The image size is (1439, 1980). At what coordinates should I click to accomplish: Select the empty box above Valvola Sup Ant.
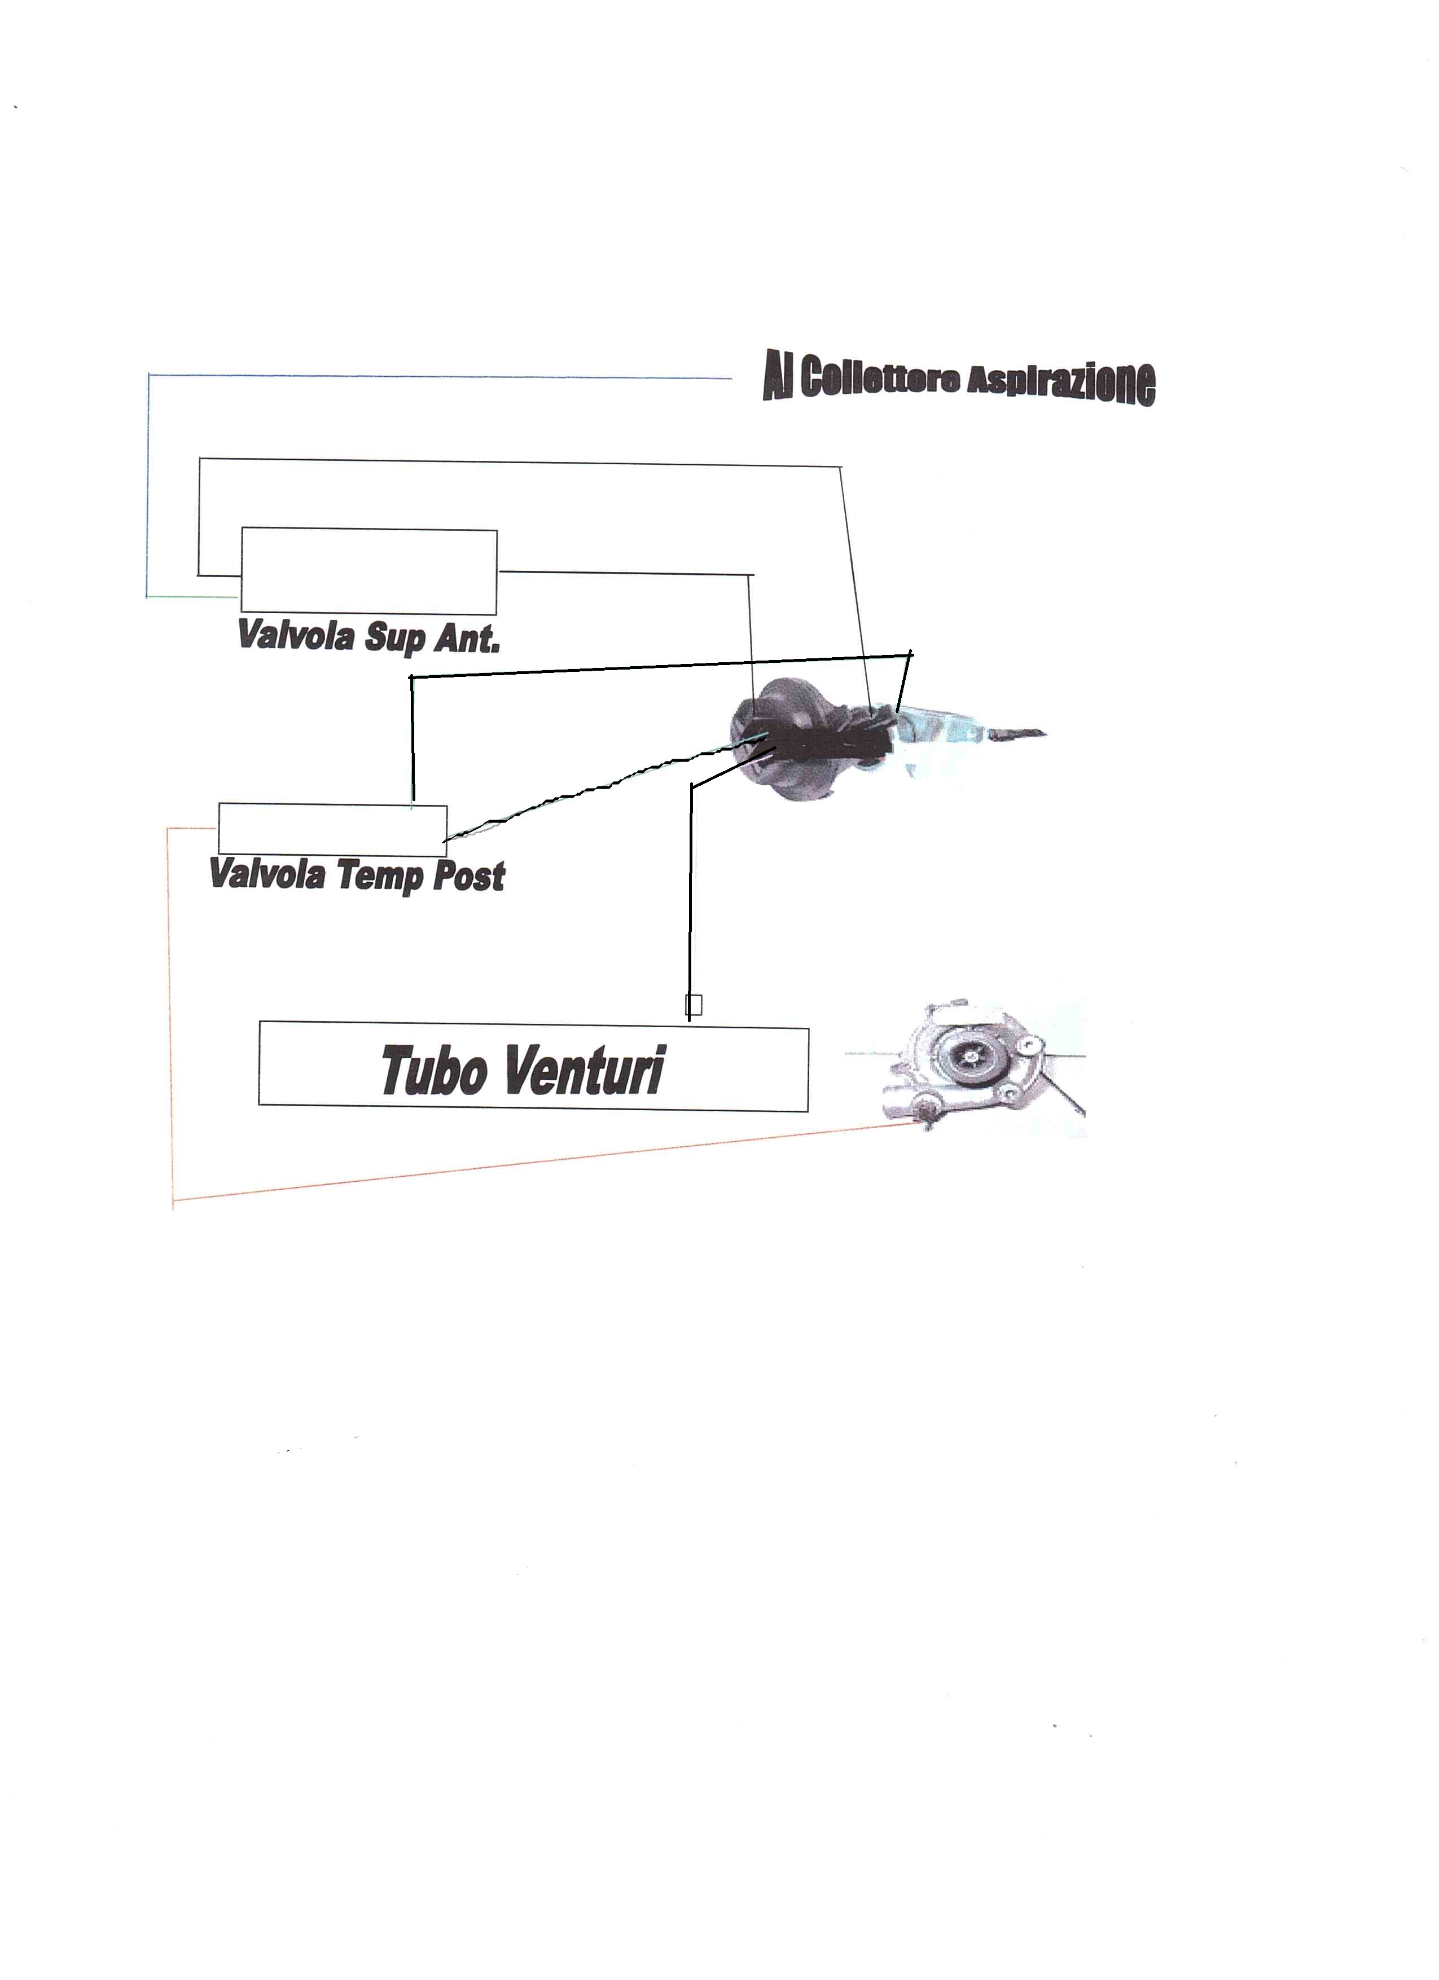click(x=368, y=570)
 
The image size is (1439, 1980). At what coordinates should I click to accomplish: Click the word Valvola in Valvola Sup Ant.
click(x=295, y=636)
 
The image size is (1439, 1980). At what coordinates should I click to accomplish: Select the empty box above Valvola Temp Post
click(x=333, y=829)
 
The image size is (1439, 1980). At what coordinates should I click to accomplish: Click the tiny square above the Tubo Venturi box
click(x=694, y=1006)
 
